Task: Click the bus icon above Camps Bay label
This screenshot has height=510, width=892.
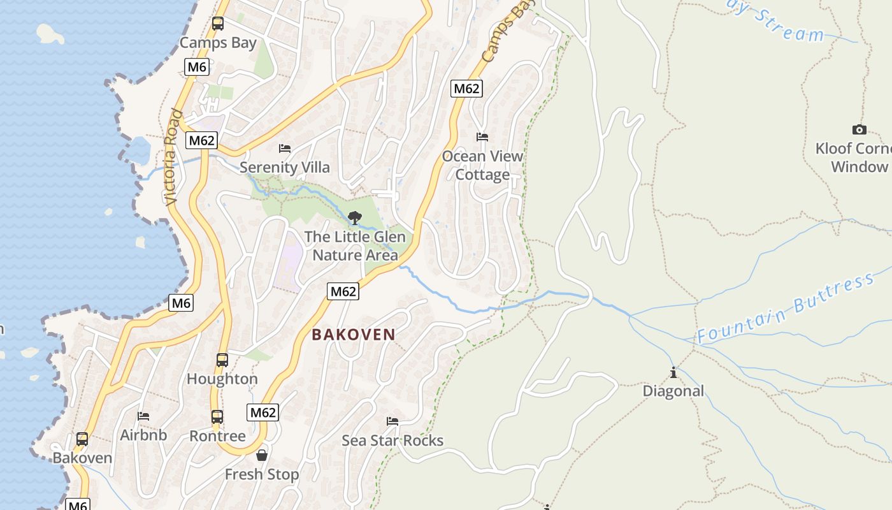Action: (218, 24)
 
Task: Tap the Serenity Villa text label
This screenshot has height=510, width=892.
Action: (285, 168)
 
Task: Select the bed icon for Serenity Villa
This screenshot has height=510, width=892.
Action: (285, 149)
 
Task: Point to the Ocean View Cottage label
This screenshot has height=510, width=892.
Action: (482, 165)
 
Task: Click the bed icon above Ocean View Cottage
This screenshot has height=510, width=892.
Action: (482, 137)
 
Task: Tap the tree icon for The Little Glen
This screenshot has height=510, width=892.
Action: (355, 218)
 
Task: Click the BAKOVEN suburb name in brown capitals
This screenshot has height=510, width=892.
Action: (354, 335)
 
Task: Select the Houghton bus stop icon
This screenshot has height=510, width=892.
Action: (222, 360)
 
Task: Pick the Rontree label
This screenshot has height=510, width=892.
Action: (217, 437)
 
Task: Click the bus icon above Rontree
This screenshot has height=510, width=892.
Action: (217, 417)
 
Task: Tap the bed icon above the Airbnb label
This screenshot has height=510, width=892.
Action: (143, 416)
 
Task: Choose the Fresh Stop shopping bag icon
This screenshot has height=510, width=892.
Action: (261, 455)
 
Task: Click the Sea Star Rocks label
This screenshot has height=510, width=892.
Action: (392, 441)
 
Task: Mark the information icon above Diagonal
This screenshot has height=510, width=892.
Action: (673, 372)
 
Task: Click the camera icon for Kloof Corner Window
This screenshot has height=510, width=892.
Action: (859, 130)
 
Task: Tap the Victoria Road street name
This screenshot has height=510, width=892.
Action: (173, 157)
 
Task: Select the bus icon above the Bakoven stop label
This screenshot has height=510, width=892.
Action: (82, 439)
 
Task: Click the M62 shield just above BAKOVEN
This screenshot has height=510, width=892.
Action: (343, 291)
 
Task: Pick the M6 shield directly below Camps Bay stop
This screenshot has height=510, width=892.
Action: (197, 67)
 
